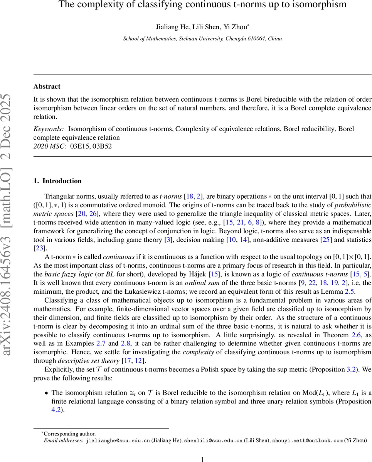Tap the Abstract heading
pos(47,86)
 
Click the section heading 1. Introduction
pos(57,181)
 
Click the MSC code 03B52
pos(102,146)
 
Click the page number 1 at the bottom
pos(203,459)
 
